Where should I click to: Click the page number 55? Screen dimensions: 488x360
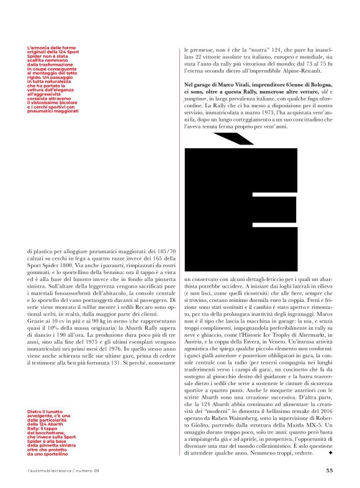point(330,470)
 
